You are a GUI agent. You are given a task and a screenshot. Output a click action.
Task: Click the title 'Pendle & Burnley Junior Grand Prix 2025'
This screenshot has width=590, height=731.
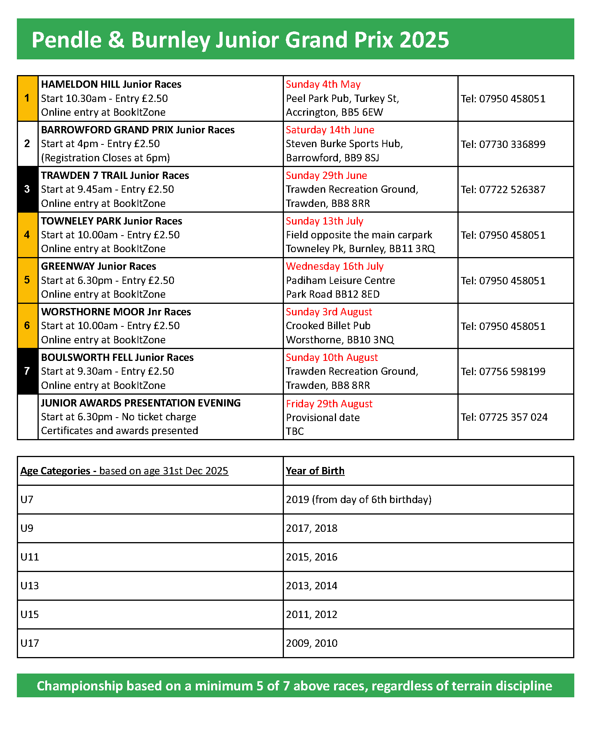point(240,40)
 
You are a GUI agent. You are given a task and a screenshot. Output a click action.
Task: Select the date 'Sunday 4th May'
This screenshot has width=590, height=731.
point(323,84)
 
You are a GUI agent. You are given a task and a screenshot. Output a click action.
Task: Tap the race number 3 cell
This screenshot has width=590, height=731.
point(27,189)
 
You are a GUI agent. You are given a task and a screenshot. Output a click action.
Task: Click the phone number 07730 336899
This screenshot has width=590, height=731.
point(503,144)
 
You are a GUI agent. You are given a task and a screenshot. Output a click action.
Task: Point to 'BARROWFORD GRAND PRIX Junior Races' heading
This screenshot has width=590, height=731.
point(138,130)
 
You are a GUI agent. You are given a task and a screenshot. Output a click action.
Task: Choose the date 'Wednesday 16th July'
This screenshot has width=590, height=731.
point(334,266)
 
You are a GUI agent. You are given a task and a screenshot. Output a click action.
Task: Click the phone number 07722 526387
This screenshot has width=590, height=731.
point(503,190)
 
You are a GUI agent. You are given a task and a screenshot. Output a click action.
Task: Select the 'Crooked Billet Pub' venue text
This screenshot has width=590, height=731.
point(328,326)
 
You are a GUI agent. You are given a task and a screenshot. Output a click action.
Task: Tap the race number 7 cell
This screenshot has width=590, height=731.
point(27,371)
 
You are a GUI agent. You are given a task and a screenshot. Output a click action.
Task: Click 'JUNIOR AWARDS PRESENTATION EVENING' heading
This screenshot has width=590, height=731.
point(141,403)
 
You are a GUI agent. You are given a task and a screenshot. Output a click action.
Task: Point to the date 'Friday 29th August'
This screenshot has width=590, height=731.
point(329,404)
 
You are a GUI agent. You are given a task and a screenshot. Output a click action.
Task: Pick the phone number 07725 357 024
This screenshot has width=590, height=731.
point(504,417)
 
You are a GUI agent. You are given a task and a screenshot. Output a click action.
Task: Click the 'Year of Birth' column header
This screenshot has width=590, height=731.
point(315,471)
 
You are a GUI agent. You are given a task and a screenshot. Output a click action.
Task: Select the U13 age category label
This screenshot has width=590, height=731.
point(29,586)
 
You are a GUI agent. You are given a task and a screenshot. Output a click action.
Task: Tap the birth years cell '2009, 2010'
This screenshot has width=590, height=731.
point(311,643)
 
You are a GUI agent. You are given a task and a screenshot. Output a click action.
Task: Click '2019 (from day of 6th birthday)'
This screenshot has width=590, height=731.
point(359,500)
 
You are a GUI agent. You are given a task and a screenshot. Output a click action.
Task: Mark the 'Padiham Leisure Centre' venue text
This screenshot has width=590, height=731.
point(340,280)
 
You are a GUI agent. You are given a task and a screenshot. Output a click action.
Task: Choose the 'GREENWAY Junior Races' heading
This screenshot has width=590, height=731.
point(98,266)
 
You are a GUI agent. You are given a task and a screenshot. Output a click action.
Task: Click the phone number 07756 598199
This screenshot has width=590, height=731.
point(503,372)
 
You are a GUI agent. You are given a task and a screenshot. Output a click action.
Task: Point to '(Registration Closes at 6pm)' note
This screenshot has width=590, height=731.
point(105,158)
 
